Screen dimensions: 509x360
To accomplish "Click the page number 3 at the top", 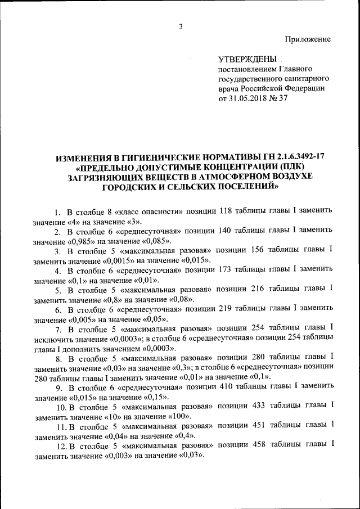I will pyautogui.click(x=181, y=26).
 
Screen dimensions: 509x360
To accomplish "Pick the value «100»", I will pyautogui.click(x=178, y=417).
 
